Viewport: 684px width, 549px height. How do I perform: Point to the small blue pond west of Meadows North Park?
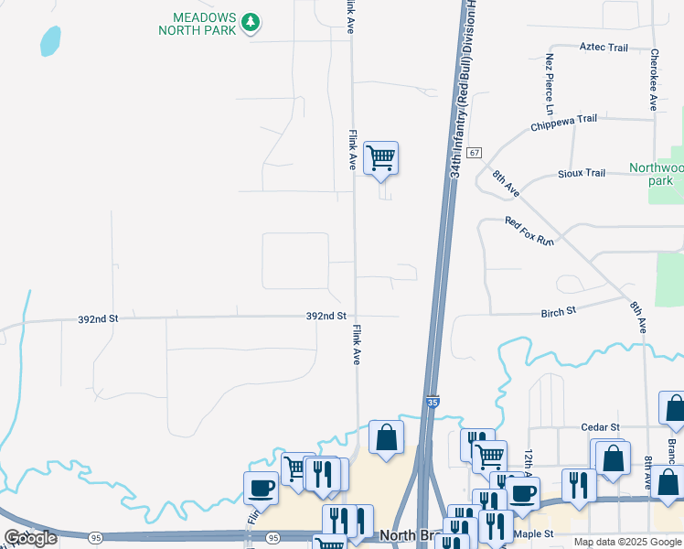pos(49,40)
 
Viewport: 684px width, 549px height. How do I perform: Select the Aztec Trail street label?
pos(604,47)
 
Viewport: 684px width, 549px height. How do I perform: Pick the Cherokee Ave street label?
pos(654,80)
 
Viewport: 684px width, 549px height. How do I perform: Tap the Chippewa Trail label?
pos(563,124)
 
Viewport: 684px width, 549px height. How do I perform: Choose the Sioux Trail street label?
pos(582,173)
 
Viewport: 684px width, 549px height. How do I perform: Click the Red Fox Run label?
pos(529,231)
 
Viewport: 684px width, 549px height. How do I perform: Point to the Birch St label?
pos(558,311)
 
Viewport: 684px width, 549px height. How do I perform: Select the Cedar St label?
pos(601,426)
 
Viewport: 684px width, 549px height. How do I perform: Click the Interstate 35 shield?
pos(432,401)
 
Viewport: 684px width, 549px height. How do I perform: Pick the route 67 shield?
pos(473,153)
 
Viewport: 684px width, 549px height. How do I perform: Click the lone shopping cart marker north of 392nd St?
pos(380,157)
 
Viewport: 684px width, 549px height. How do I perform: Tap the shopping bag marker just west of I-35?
pos(386,436)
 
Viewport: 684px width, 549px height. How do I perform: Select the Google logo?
pos(31,538)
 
